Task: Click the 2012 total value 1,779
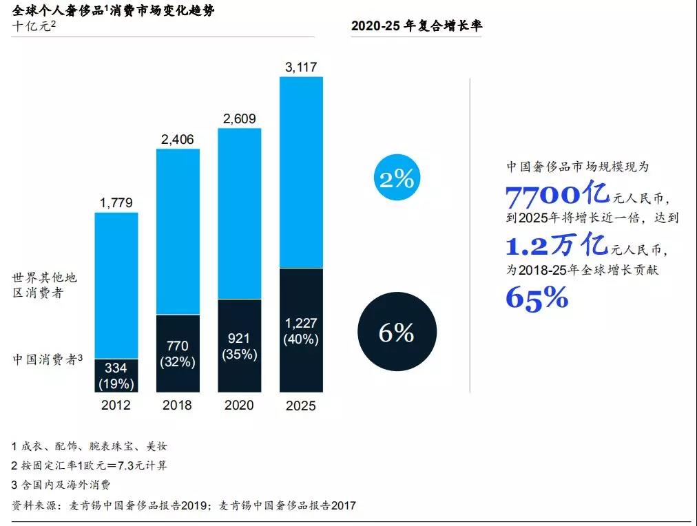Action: [x=116, y=203]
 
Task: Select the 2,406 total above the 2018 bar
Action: [x=177, y=140]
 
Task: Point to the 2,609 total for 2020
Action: [x=239, y=119]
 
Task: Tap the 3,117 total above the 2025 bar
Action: [x=301, y=67]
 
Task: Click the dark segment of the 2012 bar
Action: [x=116, y=375]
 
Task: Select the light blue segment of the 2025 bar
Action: [x=301, y=172]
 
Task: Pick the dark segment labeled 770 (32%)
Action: [x=177, y=353]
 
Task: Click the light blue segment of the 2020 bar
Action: [x=239, y=213]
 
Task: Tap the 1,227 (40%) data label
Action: [x=301, y=330]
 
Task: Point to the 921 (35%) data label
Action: [x=239, y=346]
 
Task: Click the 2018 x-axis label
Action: [x=177, y=405]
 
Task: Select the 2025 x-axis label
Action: [x=301, y=406]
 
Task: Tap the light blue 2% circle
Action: [x=397, y=180]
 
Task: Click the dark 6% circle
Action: [x=397, y=333]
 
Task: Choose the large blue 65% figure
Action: [x=537, y=297]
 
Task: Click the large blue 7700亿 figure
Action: [x=558, y=196]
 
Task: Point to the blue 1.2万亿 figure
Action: [x=556, y=245]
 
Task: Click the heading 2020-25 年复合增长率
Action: [x=417, y=26]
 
